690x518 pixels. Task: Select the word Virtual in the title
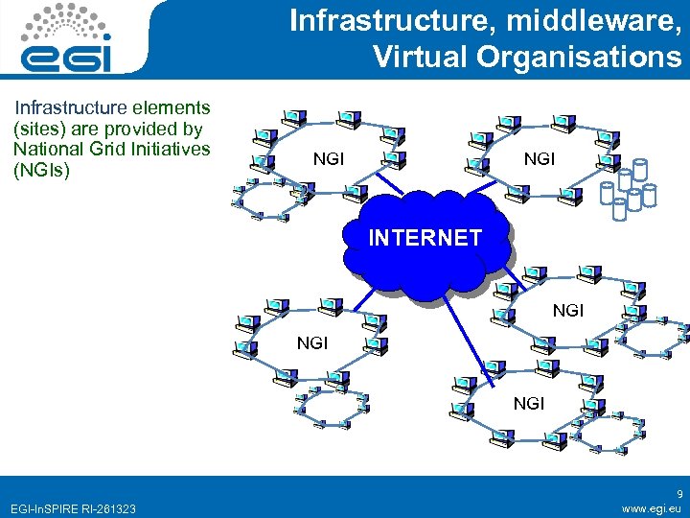point(418,58)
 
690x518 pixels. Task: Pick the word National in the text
point(49,150)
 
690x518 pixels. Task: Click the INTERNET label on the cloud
point(425,237)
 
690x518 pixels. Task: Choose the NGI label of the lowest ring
point(528,404)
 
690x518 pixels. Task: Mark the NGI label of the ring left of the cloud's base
point(312,341)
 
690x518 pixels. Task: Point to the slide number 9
point(678,494)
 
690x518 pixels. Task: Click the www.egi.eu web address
point(652,508)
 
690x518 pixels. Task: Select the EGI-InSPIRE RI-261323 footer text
point(71,508)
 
